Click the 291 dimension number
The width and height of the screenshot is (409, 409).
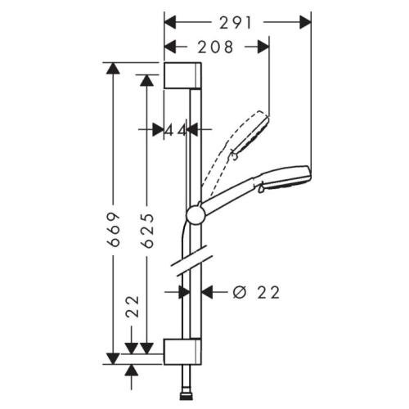pyautogui.click(x=236, y=23)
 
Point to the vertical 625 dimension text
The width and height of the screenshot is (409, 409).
pyautogui.click(x=148, y=231)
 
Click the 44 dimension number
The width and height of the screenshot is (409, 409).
pyautogui.click(x=176, y=131)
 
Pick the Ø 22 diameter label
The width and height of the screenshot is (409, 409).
pyautogui.click(x=256, y=293)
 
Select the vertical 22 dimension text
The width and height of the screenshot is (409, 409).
pyautogui.click(x=133, y=306)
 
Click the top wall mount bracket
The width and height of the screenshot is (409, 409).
pyautogui.click(x=182, y=75)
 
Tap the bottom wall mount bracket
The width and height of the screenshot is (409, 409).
pyautogui.click(x=182, y=352)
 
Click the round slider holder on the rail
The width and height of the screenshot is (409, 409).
pyautogui.click(x=195, y=215)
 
